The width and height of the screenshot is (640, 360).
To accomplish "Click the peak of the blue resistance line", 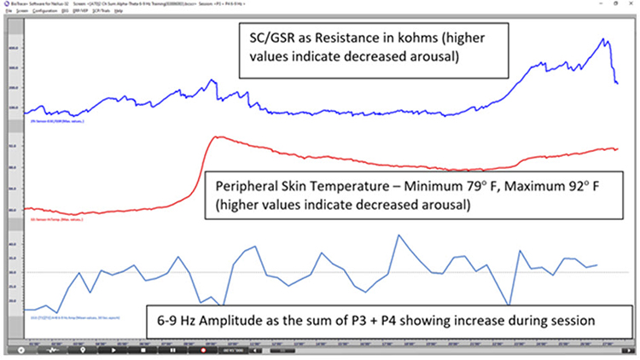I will click(x=605, y=39).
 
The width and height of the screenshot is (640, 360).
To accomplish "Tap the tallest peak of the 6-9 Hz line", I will click(x=399, y=235).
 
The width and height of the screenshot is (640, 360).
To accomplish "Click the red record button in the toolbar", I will click(x=204, y=350).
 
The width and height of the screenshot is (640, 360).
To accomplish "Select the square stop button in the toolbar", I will click(x=143, y=350).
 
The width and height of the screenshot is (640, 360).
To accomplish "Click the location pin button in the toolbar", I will click(x=83, y=350).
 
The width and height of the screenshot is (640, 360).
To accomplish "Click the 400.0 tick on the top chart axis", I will click(x=13, y=48).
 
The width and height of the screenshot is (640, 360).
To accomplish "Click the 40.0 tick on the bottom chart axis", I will click(x=13, y=244).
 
